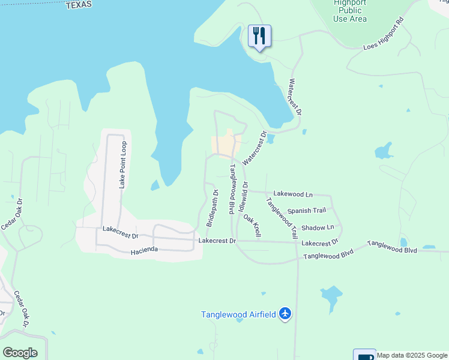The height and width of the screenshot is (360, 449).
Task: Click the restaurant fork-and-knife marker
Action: coord(259,36)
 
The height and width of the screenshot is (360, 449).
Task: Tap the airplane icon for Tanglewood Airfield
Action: coord(285,314)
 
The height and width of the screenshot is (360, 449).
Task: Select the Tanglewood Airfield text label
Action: coord(238,314)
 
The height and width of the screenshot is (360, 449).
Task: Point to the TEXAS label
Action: coord(79,5)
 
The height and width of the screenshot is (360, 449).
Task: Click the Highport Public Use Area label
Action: coord(349,11)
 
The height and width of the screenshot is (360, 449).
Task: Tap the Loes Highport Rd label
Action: coord(384,37)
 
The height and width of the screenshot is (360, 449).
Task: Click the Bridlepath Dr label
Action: coord(211,208)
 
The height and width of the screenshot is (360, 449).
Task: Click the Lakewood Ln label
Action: coord(293,194)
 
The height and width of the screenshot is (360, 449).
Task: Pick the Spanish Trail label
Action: coord(306,211)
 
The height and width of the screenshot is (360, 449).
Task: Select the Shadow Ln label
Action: coord(318,228)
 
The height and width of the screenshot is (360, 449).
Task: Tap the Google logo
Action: coord(20,353)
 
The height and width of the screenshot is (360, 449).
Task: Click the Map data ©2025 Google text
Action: coord(412,355)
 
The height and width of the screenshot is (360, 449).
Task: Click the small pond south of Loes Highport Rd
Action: coord(384,150)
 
